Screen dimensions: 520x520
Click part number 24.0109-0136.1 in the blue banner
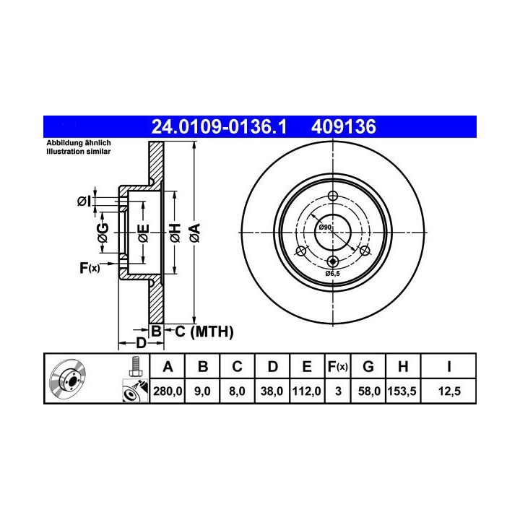(219, 127)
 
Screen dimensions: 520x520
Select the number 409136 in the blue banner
(344, 127)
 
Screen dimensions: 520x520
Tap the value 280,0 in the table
(168, 391)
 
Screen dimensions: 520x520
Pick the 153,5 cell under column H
(402, 391)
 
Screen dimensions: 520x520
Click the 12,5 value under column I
(449, 391)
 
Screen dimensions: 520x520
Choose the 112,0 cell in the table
(306, 391)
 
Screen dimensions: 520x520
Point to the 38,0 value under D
(272, 391)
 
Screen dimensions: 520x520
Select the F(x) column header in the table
(337, 367)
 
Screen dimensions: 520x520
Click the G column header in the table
(368, 367)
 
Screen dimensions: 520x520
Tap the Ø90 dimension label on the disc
(325, 227)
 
